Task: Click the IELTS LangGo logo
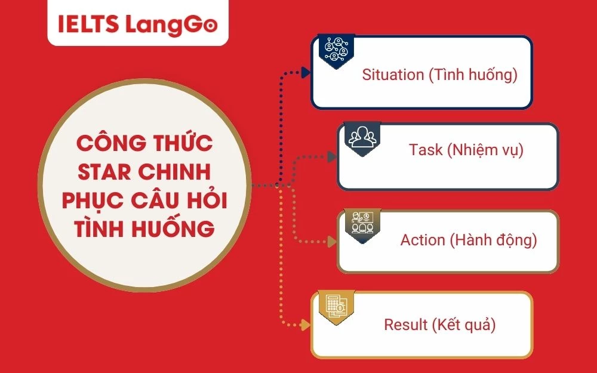[x=137, y=24]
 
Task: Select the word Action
[x=423, y=240]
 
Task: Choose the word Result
[x=406, y=325]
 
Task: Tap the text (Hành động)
[x=494, y=240]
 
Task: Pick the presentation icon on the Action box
[x=359, y=223]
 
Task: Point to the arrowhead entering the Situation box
[x=306, y=73]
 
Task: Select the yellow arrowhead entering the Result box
[x=306, y=325]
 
